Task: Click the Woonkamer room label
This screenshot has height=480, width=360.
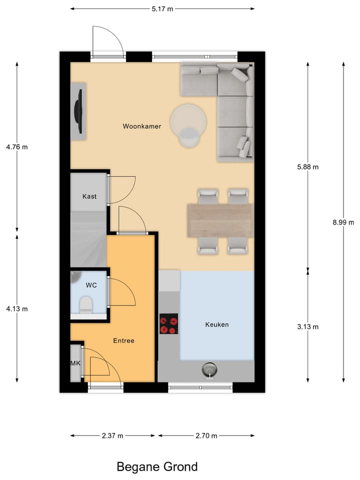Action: pyautogui.click(x=142, y=126)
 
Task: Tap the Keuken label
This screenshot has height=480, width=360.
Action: pyautogui.click(x=216, y=324)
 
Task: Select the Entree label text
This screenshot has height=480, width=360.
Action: pyautogui.click(x=123, y=340)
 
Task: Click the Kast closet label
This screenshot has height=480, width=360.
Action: pyautogui.click(x=89, y=196)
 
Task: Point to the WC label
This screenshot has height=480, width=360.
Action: pyautogui.click(x=91, y=285)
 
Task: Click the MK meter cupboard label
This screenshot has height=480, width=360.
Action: pyautogui.click(x=75, y=363)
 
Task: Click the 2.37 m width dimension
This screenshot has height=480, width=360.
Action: pyautogui.click(x=112, y=435)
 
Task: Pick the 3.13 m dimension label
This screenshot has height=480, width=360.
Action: pyautogui.click(x=307, y=327)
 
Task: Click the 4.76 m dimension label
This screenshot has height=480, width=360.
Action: pyautogui.click(x=17, y=147)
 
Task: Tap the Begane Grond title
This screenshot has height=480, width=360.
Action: pyautogui.click(x=157, y=467)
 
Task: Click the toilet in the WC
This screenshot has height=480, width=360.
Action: pyautogui.click(x=86, y=304)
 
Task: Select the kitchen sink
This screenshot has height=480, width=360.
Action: pyautogui.click(x=209, y=369)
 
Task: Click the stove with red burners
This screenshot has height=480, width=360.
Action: pyautogui.click(x=168, y=323)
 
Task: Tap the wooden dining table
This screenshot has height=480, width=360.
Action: pyautogui.click(x=219, y=220)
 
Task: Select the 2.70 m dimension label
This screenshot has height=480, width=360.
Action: pyautogui.click(x=206, y=435)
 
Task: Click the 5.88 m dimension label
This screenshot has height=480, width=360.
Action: pyautogui.click(x=307, y=167)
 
